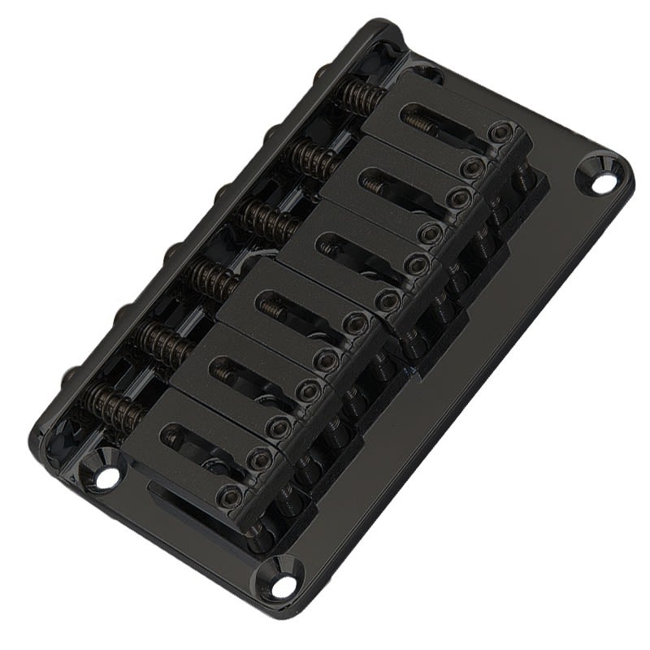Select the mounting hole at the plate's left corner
106,477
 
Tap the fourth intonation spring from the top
214,279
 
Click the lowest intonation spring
119,404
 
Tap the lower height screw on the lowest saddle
232,494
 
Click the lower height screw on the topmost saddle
470,167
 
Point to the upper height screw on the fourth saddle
354,323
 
